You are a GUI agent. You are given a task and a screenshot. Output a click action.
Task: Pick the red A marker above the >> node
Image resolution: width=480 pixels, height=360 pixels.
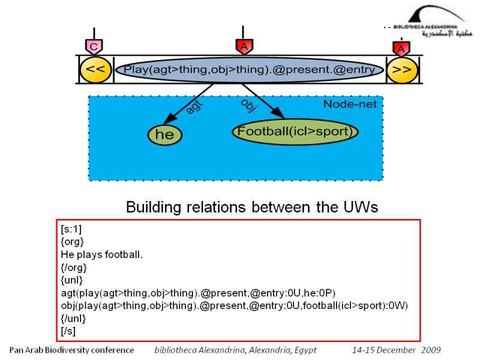tap(401, 47)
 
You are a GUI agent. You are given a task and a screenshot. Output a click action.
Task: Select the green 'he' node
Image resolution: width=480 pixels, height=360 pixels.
tap(164, 135)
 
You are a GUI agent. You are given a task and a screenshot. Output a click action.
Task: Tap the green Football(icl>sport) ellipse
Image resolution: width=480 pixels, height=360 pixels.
tap(295, 131)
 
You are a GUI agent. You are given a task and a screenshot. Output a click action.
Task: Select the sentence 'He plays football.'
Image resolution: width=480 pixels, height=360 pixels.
tap(93, 255)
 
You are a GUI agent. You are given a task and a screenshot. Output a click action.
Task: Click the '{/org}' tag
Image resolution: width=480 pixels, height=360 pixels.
tap(74, 268)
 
